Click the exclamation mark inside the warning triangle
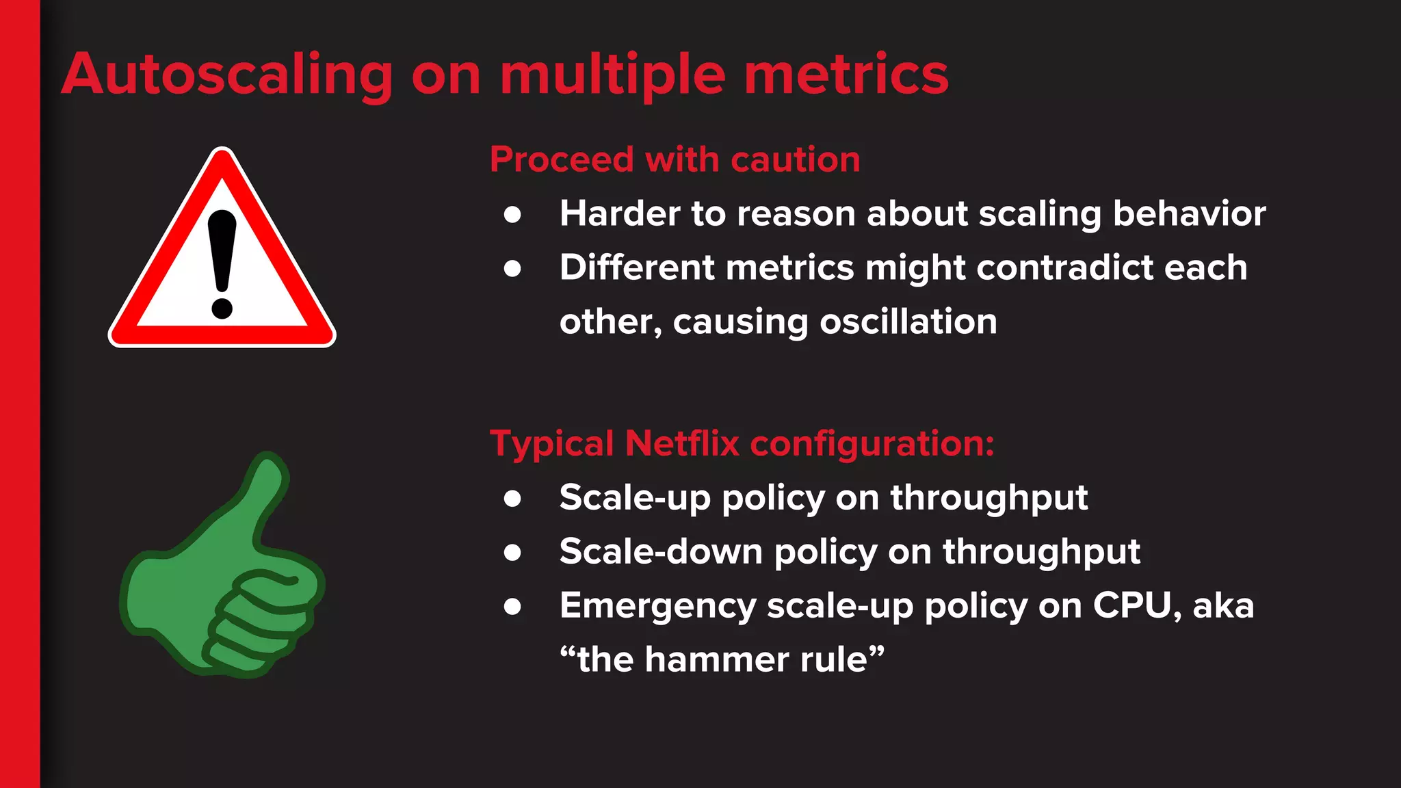(222, 263)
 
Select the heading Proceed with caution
(675, 159)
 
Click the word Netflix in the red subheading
(682, 443)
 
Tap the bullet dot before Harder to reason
(512, 215)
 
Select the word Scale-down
(660, 551)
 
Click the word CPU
(1136, 605)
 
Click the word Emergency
(657, 607)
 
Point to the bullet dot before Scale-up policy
(512, 498)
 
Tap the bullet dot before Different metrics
(512, 268)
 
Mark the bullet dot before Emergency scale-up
(512, 606)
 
